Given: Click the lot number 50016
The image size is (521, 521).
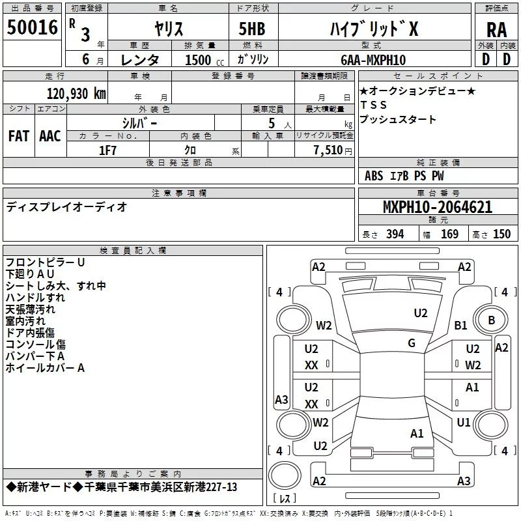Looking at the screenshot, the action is pyautogui.click(x=32, y=27).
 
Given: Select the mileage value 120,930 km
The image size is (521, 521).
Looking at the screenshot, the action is pyautogui.click(x=76, y=94).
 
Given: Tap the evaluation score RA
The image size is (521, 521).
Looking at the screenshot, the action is pyautogui.click(x=497, y=30).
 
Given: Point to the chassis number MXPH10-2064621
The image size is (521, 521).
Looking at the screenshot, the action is pyautogui.click(x=438, y=207).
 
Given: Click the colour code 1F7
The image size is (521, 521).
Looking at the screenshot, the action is pyautogui.click(x=107, y=150).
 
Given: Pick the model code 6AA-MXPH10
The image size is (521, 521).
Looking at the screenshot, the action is pyautogui.click(x=373, y=60).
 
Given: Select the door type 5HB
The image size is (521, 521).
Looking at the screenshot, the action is pyautogui.click(x=252, y=29).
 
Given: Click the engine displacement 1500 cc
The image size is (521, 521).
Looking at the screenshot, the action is pyautogui.click(x=204, y=60).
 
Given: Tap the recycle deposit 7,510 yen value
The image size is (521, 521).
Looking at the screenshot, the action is pyautogui.click(x=333, y=150).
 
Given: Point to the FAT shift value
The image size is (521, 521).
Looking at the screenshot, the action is pyautogui.click(x=19, y=136).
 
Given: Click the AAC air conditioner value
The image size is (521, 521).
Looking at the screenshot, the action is pyautogui.click(x=50, y=136).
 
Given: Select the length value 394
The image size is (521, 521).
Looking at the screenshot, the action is pyautogui.click(x=395, y=234).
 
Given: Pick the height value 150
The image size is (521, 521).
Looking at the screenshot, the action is pyautogui.click(x=501, y=234).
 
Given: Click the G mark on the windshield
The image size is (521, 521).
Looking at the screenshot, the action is pyautogui.click(x=412, y=343).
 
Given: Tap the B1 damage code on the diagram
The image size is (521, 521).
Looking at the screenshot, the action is pyautogui.click(x=460, y=325).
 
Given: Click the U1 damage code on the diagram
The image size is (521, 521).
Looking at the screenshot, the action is pyautogui.click(x=464, y=422).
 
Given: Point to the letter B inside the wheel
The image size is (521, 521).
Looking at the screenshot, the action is pyautogui.click(x=492, y=320).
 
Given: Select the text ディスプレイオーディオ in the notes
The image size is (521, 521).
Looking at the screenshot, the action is pyautogui.click(x=66, y=207).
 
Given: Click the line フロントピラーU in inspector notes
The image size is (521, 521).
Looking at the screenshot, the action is pyautogui.click(x=45, y=262).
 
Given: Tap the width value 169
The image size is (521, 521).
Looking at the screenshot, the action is pyautogui.click(x=449, y=234).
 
